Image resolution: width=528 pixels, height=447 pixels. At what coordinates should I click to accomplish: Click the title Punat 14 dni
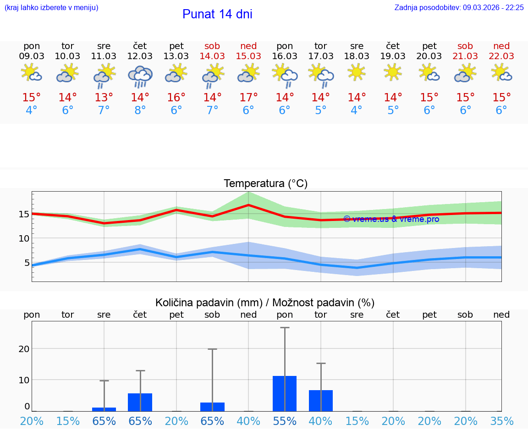click(217, 14)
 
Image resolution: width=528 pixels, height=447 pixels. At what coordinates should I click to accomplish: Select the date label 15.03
click(248, 56)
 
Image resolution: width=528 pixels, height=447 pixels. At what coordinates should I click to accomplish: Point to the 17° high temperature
click(248, 98)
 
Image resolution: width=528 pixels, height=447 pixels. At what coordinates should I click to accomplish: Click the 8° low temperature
click(140, 110)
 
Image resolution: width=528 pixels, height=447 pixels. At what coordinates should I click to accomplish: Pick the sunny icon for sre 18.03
click(357, 72)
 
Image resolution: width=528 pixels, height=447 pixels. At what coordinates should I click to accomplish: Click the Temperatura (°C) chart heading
click(265, 184)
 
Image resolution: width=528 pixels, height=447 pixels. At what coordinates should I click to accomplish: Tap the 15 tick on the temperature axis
click(24, 214)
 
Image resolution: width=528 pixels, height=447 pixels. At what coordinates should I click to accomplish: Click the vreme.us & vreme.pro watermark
click(391, 219)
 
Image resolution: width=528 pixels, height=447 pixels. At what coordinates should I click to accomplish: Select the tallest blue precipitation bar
click(285, 393)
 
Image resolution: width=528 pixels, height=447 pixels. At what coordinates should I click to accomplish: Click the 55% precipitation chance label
click(285, 421)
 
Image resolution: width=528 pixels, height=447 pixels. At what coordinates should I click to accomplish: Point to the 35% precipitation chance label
click(501, 421)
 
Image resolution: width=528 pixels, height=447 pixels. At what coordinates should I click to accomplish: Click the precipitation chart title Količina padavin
click(265, 303)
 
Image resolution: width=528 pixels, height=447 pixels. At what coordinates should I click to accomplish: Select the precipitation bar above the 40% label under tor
click(321, 400)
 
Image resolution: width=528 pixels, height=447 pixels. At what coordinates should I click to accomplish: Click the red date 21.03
click(465, 56)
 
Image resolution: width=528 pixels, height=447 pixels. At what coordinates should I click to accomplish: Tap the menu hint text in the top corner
click(51, 8)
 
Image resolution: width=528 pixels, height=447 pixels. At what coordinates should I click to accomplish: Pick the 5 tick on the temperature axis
click(27, 263)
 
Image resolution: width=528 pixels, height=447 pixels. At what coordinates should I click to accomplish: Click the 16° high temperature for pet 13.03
click(176, 98)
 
